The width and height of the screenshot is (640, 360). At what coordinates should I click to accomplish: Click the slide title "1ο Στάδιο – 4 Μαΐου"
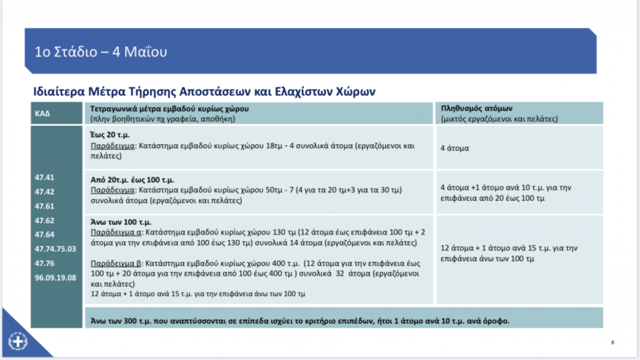pos(101,51)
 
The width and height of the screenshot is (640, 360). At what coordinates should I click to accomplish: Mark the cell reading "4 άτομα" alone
pos(455,149)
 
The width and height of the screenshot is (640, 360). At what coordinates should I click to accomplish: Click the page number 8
pos(613,342)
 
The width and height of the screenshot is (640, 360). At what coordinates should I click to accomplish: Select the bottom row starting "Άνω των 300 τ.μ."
pos(297,321)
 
